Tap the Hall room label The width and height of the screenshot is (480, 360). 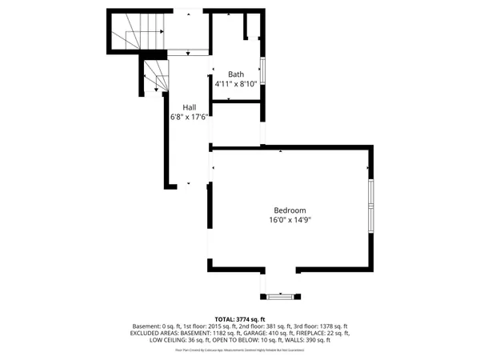[x=190, y=107]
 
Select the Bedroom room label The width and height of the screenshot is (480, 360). [x=290, y=210]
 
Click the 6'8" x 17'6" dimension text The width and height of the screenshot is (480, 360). [x=190, y=117]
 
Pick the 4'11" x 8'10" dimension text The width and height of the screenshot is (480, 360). [x=235, y=82]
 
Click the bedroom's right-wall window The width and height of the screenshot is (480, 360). [x=370, y=206]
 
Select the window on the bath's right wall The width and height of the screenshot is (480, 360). [x=262, y=73]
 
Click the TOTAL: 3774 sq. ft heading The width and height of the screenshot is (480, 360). [x=239, y=319]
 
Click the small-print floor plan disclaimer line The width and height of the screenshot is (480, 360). [x=240, y=349]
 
